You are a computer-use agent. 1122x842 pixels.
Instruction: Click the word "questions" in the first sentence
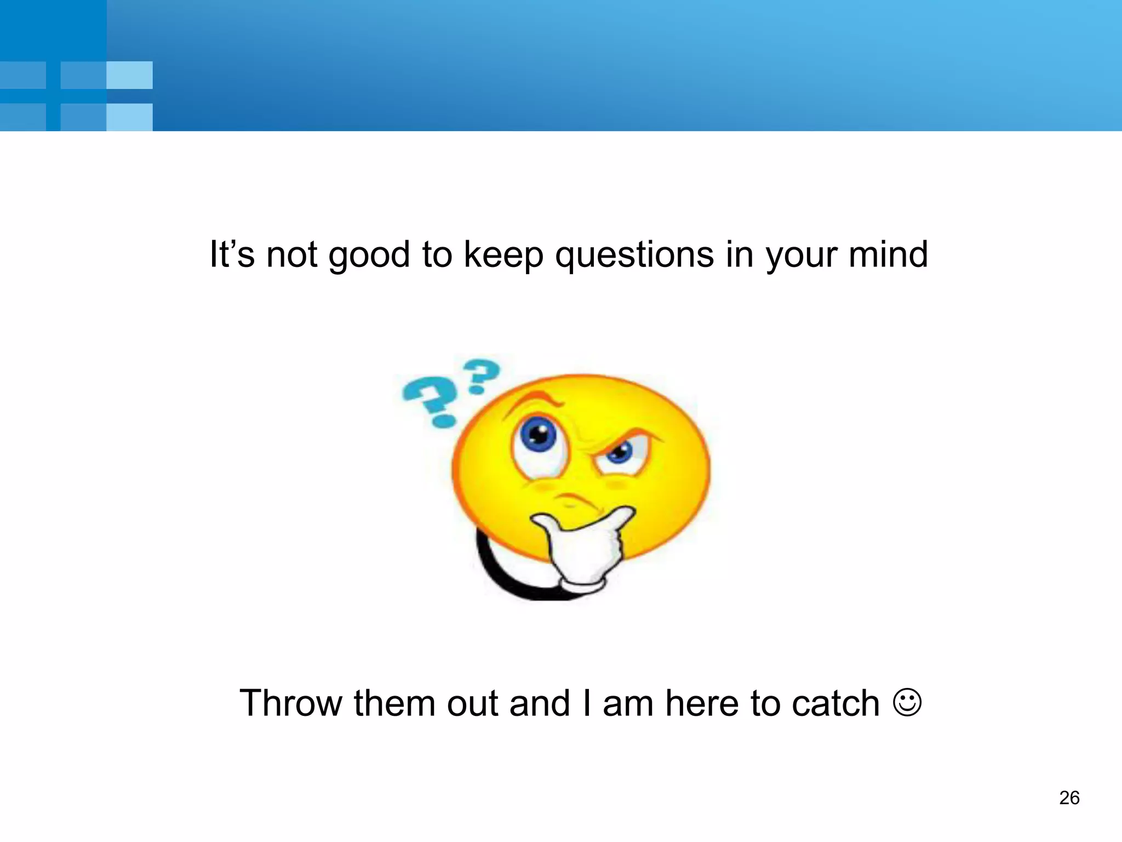tap(634, 255)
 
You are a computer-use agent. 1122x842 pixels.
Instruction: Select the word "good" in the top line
tap(369, 255)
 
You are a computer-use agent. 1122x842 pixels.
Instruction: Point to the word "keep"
tap(503, 255)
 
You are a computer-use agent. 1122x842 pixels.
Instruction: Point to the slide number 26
tap(1069, 798)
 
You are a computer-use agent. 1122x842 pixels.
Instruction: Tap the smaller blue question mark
tap(482, 375)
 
